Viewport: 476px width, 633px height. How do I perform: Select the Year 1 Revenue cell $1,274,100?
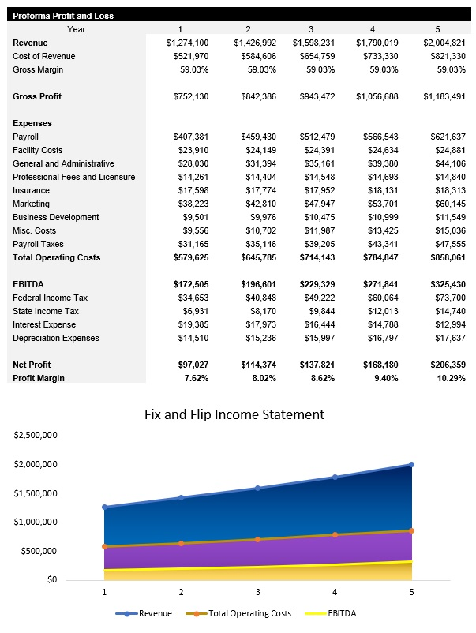(187, 43)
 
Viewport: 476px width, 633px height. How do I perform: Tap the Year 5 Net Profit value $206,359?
(444, 365)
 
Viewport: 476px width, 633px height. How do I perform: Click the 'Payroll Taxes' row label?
(39, 244)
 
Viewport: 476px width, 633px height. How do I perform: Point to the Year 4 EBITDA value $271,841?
(380, 284)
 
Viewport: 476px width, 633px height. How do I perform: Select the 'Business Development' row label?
(56, 217)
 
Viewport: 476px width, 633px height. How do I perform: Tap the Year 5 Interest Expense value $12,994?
(448, 324)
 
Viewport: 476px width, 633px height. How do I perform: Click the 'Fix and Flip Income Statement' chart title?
(234, 414)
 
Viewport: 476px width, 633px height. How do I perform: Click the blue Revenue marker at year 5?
(411, 465)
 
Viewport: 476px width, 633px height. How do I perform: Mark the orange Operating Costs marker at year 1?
(104, 546)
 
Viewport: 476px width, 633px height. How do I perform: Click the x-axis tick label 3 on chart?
(257, 591)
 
